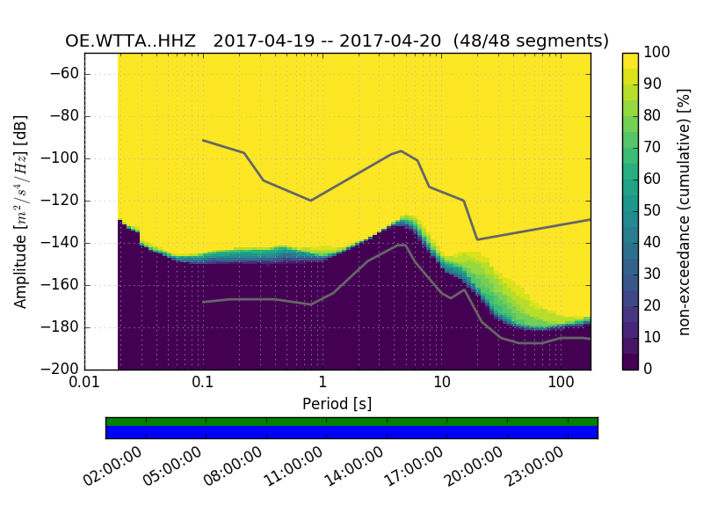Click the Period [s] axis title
pyautogui.click(x=337, y=404)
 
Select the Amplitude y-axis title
pyautogui.click(x=20, y=211)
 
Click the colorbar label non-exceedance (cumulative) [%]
pyautogui.click(x=685, y=211)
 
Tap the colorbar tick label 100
pyautogui.click(x=658, y=53)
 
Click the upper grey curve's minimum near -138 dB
pyautogui.click(x=477, y=239)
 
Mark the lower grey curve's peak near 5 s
pyautogui.click(x=402, y=245)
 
